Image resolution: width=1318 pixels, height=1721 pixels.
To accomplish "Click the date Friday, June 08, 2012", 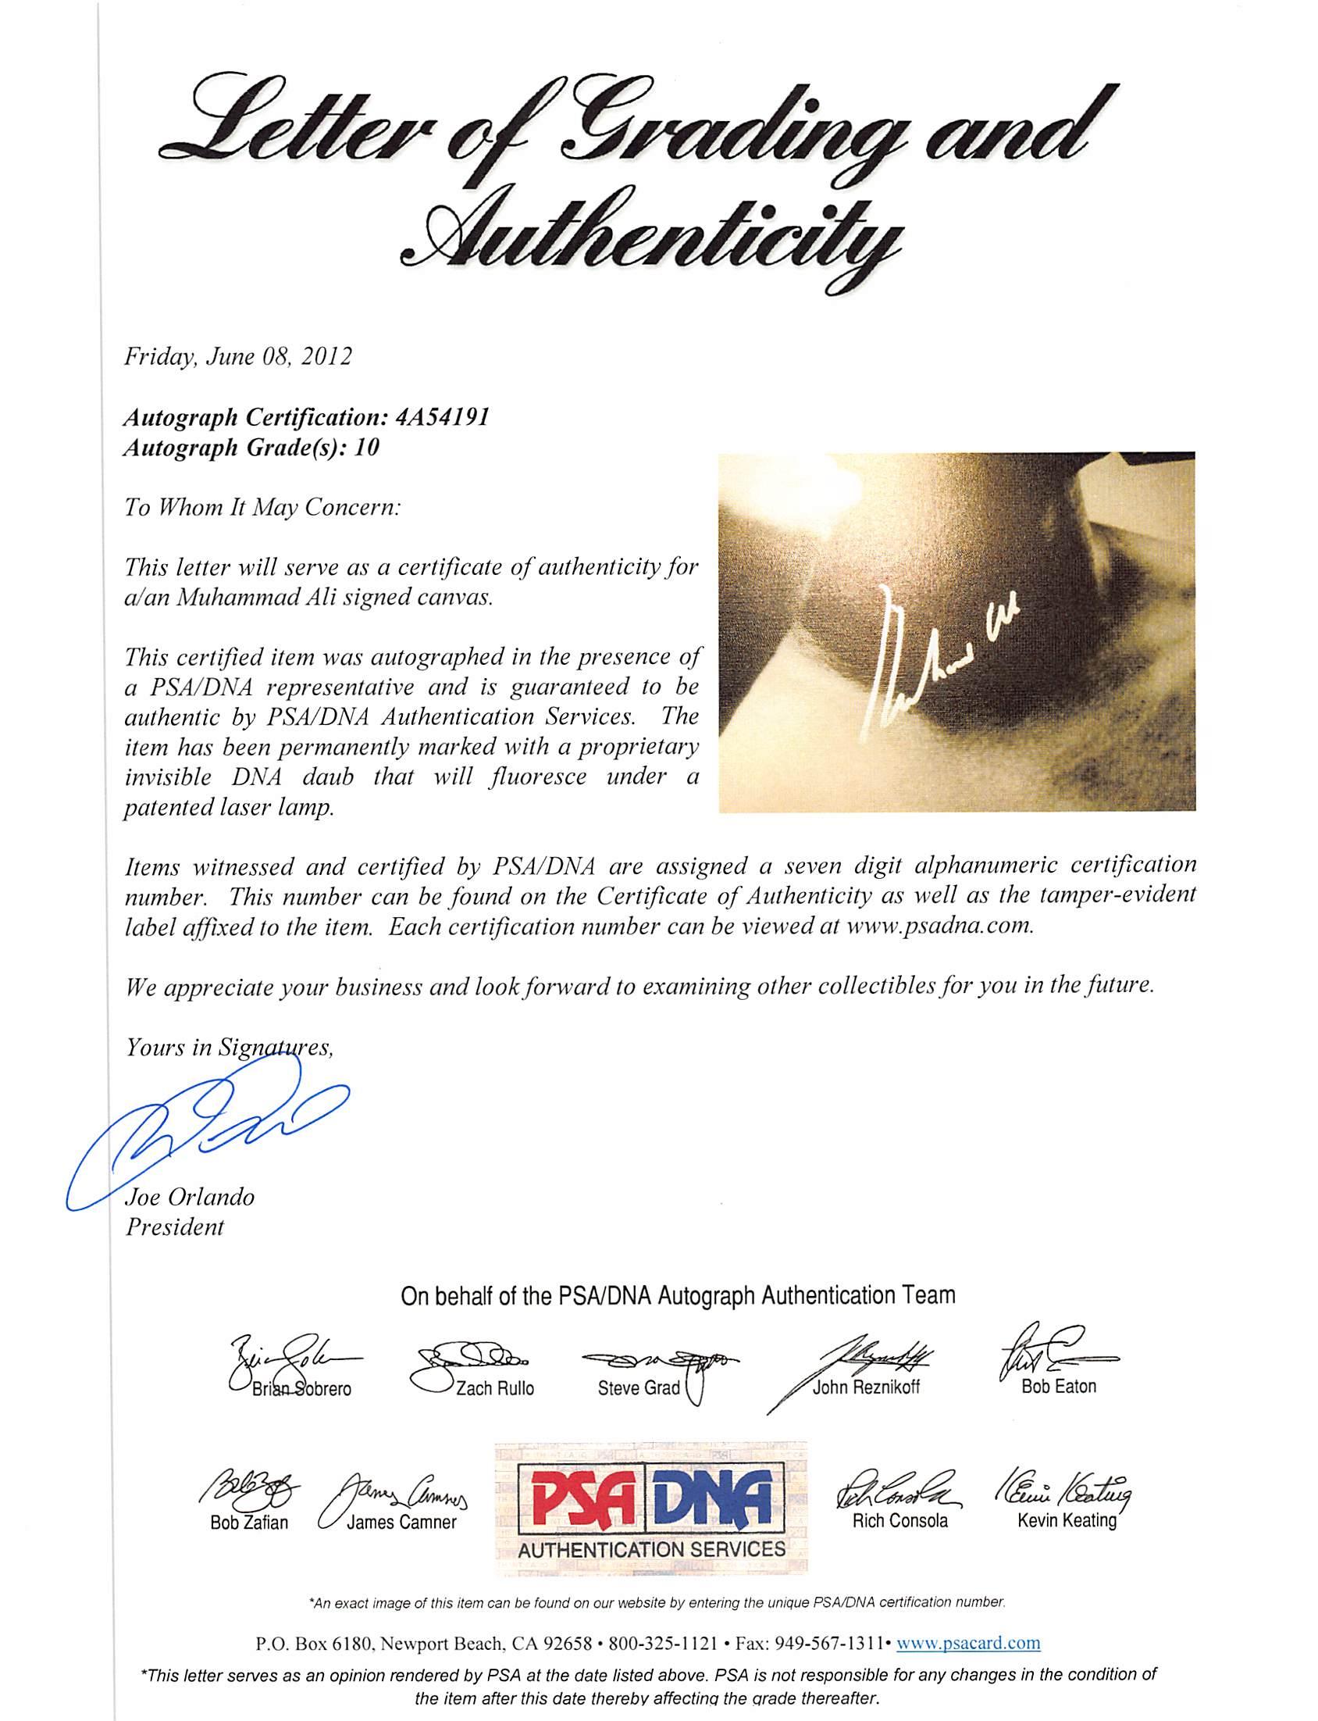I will click(x=237, y=358).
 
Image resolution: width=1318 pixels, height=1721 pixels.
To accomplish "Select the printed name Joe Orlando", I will click(x=190, y=1197).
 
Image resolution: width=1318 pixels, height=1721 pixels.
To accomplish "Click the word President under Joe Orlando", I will click(x=174, y=1226).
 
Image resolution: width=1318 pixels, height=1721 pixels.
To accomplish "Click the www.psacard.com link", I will click(x=967, y=1639).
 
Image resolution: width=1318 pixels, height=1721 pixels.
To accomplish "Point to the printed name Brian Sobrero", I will click(x=301, y=1389).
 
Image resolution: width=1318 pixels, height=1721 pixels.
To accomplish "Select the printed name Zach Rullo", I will click(x=494, y=1388).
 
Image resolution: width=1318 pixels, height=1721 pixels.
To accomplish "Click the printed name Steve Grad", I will click(x=639, y=1388).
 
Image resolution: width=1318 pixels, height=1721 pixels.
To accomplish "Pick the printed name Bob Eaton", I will click(x=1058, y=1387).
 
